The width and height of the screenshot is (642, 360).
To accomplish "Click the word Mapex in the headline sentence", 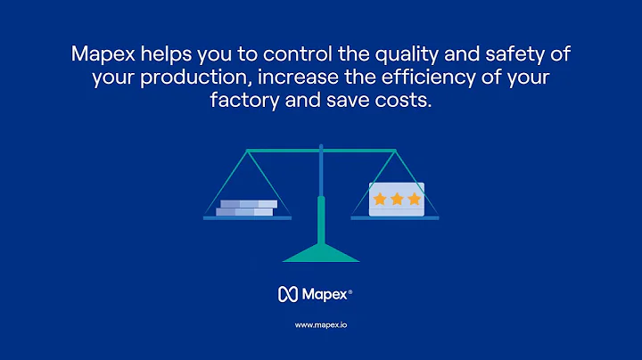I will [100, 53].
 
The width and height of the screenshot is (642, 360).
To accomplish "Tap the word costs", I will [406, 102].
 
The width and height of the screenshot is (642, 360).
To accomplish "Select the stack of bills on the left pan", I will [246, 208].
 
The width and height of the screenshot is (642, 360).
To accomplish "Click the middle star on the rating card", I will [396, 199].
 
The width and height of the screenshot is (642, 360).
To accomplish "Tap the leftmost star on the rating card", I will [380, 199].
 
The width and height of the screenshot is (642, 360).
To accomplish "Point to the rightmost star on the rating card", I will [413, 199].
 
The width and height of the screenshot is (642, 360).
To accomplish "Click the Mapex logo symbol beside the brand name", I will [286, 292].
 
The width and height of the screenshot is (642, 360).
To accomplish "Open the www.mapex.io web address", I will [321, 324].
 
